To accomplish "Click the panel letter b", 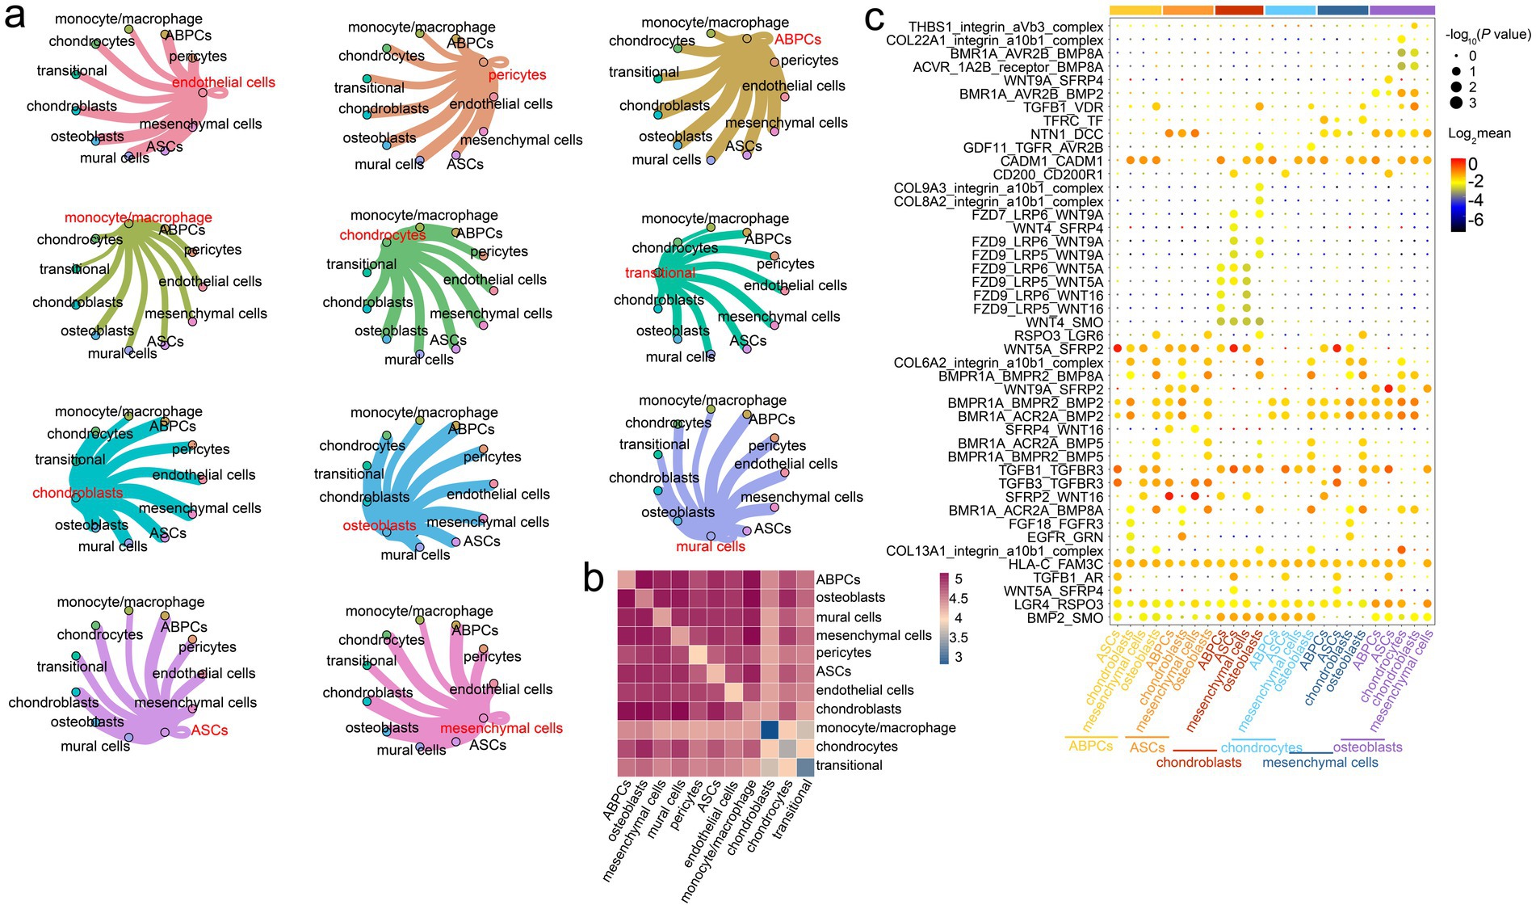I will point(594,579).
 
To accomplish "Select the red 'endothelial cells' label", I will point(224,82).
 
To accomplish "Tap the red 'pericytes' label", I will point(517,75).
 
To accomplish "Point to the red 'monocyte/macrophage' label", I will point(138,217).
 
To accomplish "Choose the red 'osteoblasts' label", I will point(380,526).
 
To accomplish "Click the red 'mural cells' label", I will point(711,546).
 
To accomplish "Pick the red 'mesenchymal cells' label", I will point(502,728).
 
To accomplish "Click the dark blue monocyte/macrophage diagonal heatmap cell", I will point(770,728).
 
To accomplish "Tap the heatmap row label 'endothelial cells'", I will point(865,690).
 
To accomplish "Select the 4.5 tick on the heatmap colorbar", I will point(959,599).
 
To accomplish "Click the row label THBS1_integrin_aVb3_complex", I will point(1005,27).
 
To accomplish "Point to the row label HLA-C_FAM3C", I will point(1055,564).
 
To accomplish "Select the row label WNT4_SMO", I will point(1064,322).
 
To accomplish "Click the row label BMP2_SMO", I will point(1064,617).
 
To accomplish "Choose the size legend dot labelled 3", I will point(1456,103).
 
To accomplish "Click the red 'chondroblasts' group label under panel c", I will point(1198,763).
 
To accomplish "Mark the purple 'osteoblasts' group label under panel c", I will point(1367,747).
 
